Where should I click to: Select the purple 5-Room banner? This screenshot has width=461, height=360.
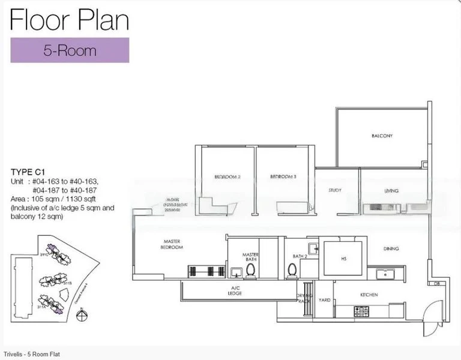coord(70,50)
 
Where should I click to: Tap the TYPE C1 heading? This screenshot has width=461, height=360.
coord(28,172)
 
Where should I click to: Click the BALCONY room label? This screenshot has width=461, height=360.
coord(382,136)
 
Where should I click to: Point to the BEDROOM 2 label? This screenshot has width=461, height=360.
coord(227,177)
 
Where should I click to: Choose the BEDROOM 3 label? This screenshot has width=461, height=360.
coord(283,177)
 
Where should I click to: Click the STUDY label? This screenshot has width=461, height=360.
coord(335,191)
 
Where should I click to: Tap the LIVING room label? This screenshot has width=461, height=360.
coord(391,191)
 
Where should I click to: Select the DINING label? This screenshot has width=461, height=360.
coord(391,248)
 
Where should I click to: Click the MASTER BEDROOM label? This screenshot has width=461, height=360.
coord(172,244)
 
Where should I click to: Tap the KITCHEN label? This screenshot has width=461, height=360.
coord(368,295)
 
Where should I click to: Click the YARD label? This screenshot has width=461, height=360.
coord(324,299)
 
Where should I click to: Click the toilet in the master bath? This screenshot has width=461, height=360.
coord(250,270)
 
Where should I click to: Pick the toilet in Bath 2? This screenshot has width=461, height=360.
coord(292,270)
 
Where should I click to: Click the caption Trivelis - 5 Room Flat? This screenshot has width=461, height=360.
coord(32,354)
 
